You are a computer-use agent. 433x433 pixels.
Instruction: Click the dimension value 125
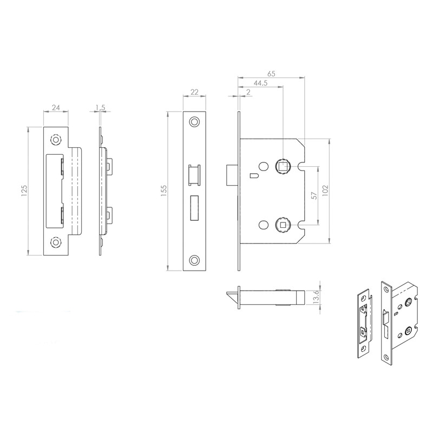pos(24,190)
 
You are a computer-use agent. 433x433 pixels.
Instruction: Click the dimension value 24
pos(56,108)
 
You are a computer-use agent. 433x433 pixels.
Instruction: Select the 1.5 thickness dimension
pos(100,108)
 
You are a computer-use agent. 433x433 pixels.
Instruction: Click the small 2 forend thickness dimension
pos(247,93)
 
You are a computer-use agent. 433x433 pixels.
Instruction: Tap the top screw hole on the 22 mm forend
pos(195,122)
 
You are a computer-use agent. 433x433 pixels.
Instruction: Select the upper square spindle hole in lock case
pos(282,165)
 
